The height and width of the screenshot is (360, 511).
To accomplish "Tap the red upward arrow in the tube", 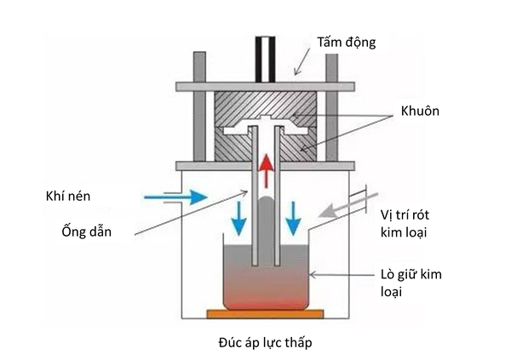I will [x=268, y=173].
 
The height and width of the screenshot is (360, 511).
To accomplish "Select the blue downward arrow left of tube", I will [x=239, y=219].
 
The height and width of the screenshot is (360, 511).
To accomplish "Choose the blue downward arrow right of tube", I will [x=294, y=219].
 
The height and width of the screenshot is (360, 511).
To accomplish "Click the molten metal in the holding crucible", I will [x=265, y=285].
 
